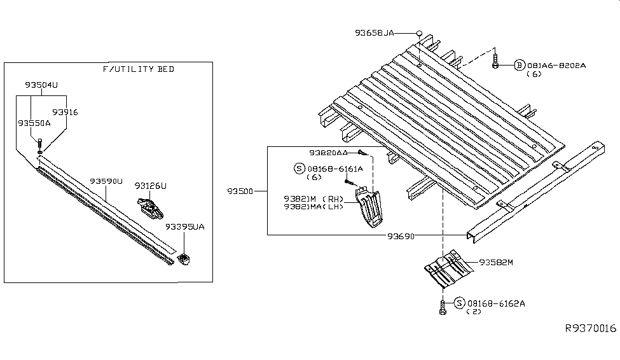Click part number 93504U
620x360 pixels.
(x=41, y=85)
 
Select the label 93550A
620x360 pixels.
(x=34, y=123)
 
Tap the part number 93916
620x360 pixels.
(x=65, y=112)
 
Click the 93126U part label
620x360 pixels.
(x=150, y=186)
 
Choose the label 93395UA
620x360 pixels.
(x=185, y=226)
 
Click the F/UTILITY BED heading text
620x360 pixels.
(x=138, y=69)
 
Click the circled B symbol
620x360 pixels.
(x=519, y=65)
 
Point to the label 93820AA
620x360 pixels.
(x=329, y=153)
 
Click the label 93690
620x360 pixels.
(x=401, y=236)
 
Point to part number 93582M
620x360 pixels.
(x=497, y=261)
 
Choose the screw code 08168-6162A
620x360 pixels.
(x=496, y=303)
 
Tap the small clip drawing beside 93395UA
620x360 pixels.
(x=185, y=259)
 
